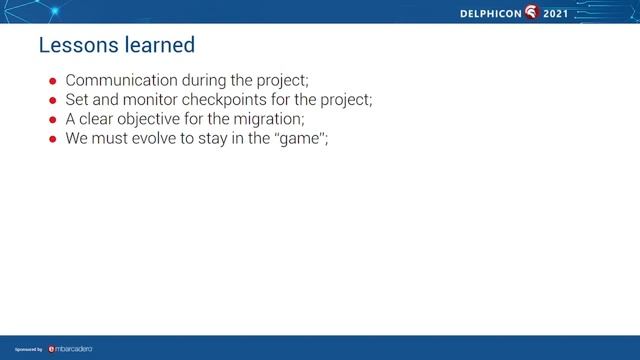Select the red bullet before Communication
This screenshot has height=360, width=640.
(54, 81)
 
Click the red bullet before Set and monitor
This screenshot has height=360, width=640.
(54, 100)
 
